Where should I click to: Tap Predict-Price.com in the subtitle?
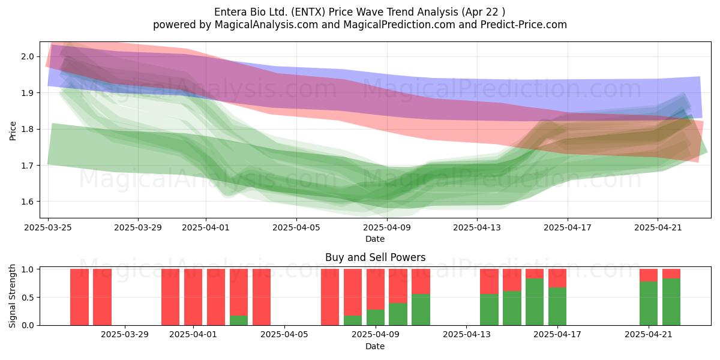523,25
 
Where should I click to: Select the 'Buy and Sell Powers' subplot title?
375,257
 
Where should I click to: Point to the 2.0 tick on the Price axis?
28,56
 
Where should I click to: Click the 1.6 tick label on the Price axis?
28,202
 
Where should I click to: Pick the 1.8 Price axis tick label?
28,129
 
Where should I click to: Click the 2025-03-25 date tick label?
48,227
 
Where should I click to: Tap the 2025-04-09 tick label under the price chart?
387,227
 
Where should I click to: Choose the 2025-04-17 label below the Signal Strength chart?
557,335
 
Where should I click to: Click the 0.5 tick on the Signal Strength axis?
28,298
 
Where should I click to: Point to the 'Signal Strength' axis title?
12,296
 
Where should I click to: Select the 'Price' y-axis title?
13,131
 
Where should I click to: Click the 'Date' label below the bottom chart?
375,346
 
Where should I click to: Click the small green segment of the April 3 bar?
239,320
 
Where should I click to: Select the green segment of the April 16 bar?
535,302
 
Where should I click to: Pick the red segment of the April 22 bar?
671,274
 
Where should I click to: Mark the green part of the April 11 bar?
421,310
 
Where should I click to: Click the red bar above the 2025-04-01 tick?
193,297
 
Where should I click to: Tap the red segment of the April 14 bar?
489,281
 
